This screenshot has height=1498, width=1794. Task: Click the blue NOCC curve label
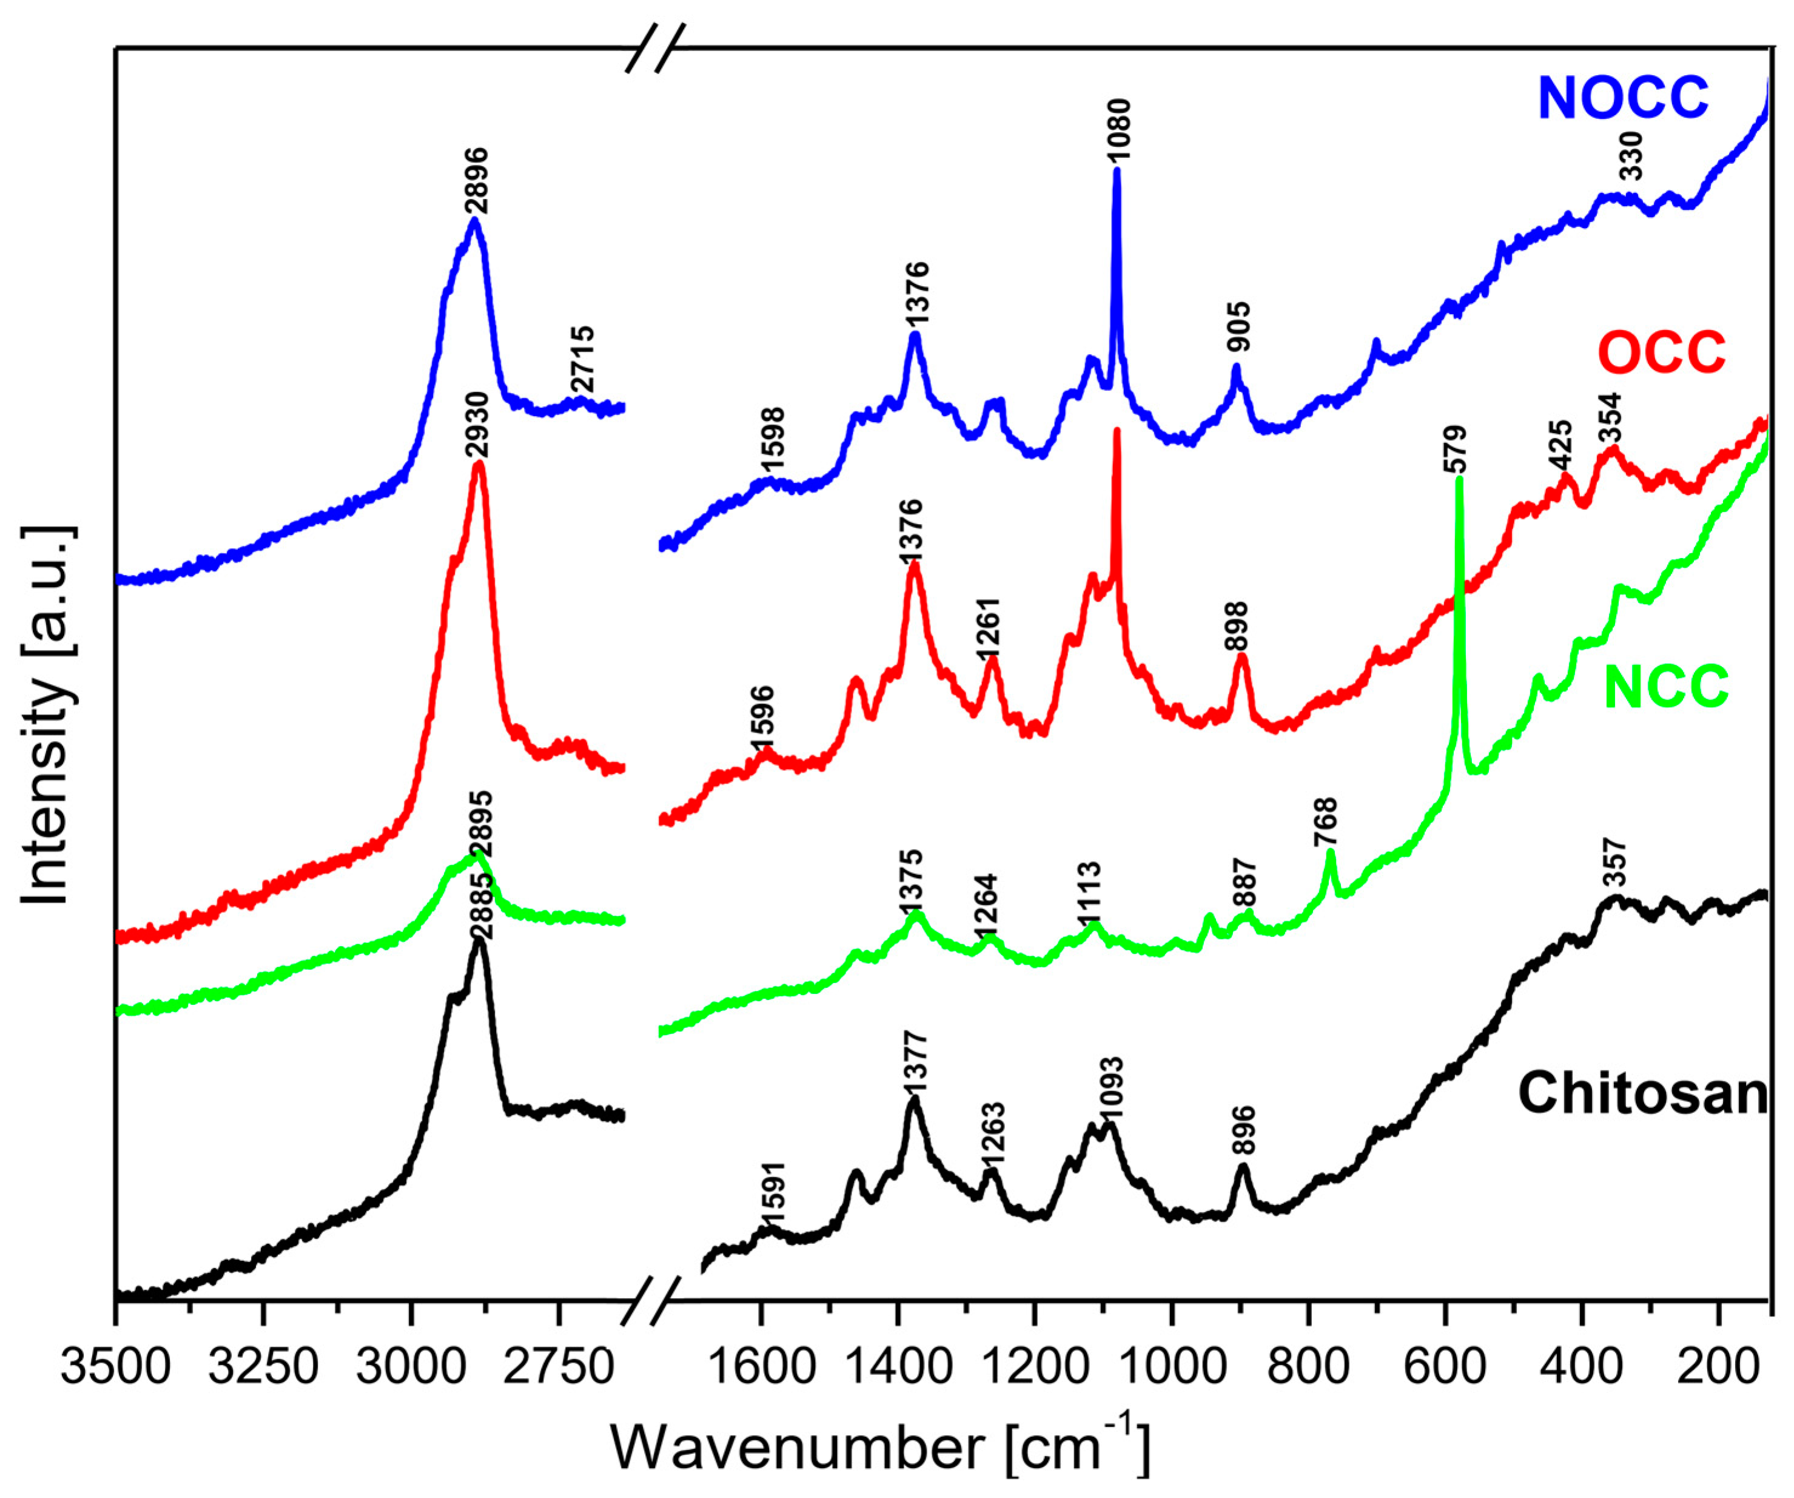[1622, 98]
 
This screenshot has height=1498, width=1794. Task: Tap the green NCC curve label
[1666, 688]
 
